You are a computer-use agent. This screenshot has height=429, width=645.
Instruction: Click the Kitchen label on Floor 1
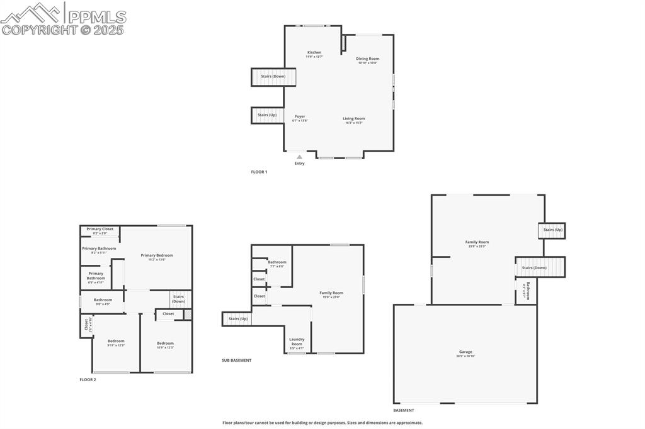pyautogui.click(x=314, y=53)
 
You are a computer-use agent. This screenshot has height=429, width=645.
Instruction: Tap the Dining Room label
pyautogui.click(x=368, y=59)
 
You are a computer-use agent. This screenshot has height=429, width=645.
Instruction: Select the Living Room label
pyautogui.click(x=354, y=119)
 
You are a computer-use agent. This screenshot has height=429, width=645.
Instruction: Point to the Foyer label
pyautogui.click(x=300, y=116)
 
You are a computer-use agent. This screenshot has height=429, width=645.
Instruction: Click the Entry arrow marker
pyautogui.click(x=299, y=157)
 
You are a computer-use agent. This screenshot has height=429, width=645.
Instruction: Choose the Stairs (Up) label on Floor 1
pyautogui.click(x=267, y=115)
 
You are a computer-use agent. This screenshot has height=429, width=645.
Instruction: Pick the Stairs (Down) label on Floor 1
pyautogui.click(x=273, y=76)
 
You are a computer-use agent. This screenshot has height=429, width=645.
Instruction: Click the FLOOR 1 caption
pyautogui.click(x=259, y=172)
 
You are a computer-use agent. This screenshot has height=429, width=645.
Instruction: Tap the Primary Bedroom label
pyautogui.click(x=157, y=255)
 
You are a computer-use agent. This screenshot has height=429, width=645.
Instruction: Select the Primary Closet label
pyautogui.click(x=100, y=229)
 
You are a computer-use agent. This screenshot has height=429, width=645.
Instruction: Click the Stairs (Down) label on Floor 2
pyautogui.click(x=179, y=299)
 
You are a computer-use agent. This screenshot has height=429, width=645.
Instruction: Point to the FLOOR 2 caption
pyautogui.click(x=88, y=380)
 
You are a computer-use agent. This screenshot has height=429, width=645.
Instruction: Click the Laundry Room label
pyautogui.click(x=297, y=342)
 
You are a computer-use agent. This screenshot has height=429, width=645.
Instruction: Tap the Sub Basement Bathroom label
pyautogui.click(x=277, y=262)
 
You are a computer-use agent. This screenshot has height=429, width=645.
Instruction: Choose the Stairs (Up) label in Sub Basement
pyautogui.click(x=238, y=319)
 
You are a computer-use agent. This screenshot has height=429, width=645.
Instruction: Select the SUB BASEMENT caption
pyautogui.click(x=236, y=360)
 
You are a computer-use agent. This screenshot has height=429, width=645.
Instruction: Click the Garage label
pyautogui.click(x=465, y=352)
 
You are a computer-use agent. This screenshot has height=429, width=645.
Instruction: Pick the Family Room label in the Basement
pyautogui.click(x=477, y=242)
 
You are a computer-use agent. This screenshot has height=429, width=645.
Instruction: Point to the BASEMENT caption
pyautogui.click(x=404, y=410)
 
